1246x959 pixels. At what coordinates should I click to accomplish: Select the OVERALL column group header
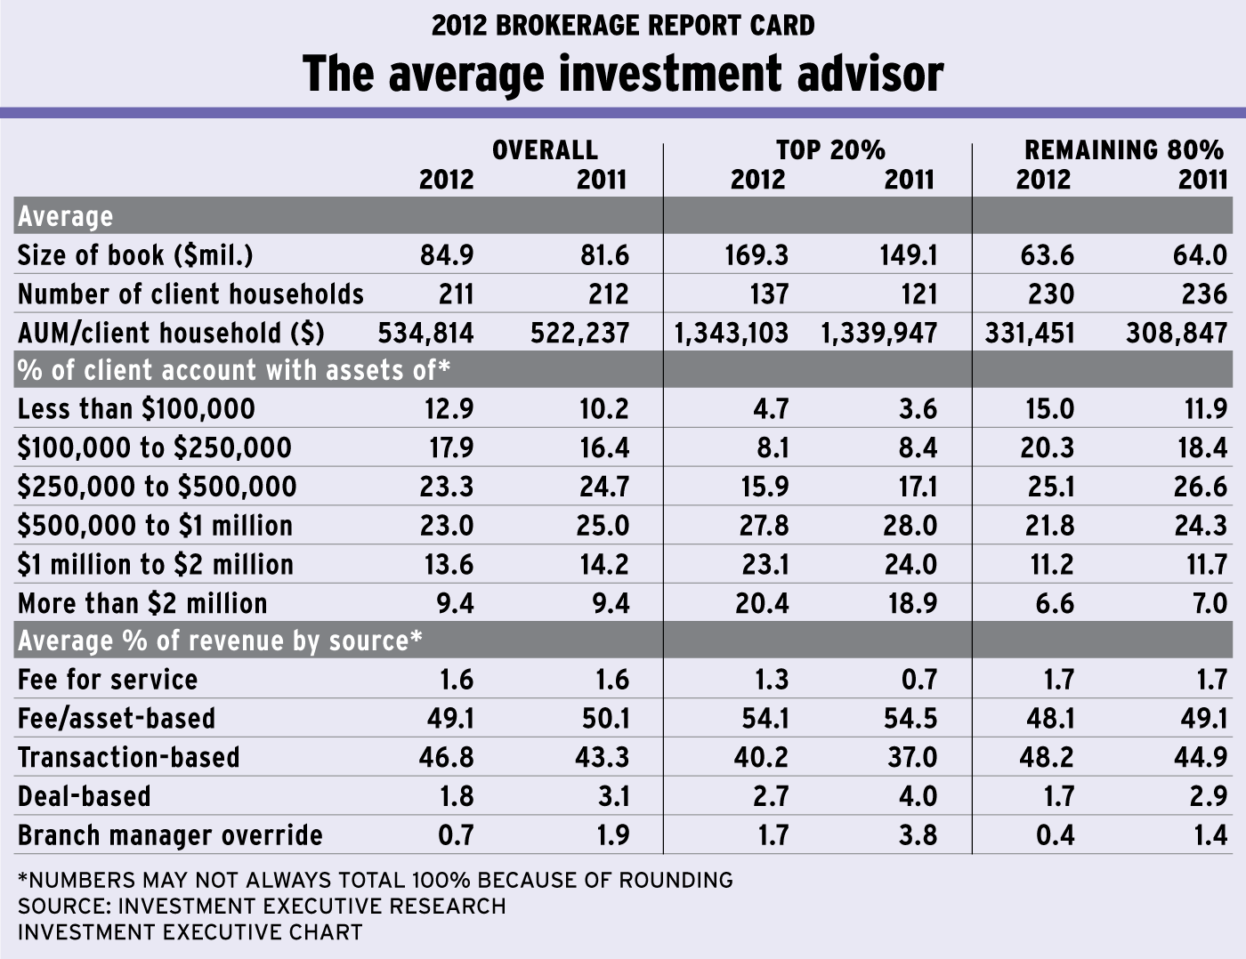[545, 149]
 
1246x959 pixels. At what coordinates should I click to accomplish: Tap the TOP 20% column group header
[830, 149]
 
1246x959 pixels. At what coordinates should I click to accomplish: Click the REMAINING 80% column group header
[1124, 149]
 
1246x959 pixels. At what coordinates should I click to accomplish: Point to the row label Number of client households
[190, 294]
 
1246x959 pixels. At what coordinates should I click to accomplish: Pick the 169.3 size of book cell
[756, 255]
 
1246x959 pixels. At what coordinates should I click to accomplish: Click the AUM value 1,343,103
[732, 334]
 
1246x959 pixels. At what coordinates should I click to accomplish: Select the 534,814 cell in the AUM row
[425, 334]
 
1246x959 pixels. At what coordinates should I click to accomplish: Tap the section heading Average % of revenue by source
[220, 641]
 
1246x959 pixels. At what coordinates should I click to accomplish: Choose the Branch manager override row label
[170, 835]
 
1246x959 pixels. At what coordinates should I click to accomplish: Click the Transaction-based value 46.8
[446, 757]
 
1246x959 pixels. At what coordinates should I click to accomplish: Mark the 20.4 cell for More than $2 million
[761, 603]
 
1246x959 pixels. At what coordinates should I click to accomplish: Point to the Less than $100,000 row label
[136, 409]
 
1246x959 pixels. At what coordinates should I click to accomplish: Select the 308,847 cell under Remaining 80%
[1176, 334]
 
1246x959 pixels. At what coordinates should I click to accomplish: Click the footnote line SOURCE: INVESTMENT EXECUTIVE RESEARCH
[262, 907]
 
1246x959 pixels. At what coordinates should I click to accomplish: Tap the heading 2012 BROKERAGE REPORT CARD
[623, 25]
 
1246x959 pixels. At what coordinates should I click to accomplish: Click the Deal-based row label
[85, 796]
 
